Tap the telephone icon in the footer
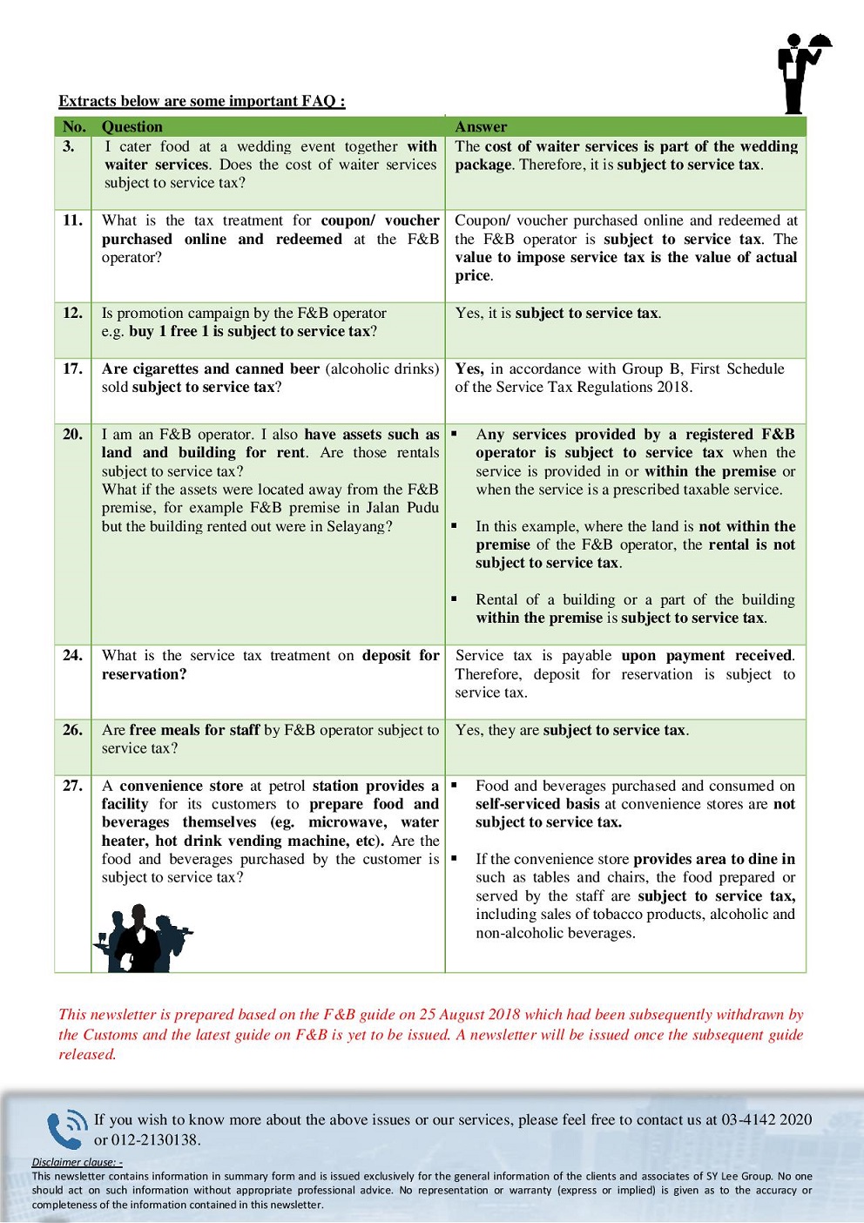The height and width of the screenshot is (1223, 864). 66,1129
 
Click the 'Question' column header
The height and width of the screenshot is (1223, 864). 132,127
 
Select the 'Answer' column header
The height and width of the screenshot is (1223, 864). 481,127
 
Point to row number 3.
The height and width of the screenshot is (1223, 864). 69,146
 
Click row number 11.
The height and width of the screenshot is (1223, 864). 72,220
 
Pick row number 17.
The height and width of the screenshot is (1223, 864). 72,368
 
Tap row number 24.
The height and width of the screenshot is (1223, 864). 72,655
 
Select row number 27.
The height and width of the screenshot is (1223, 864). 72,786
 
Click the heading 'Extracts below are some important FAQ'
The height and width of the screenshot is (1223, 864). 201,101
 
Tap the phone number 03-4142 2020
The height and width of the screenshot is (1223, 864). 766,1119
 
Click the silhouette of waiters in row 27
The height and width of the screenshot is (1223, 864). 141,938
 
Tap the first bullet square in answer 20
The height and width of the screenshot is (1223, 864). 454,433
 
